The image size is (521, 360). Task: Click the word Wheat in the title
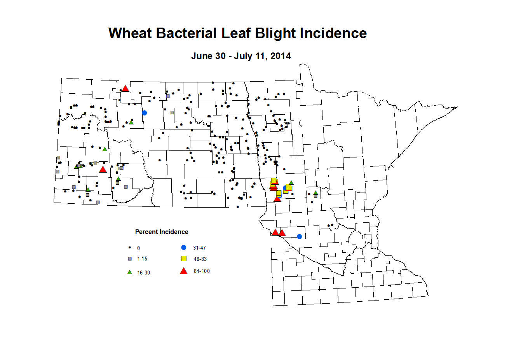(x=130, y=33)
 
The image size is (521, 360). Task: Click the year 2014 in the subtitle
(x=281, y=56)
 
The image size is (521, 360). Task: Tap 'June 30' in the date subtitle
(x=208, y=56)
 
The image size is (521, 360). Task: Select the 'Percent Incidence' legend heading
(x=162, y=232)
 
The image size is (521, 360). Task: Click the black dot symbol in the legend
(x=130, y=248)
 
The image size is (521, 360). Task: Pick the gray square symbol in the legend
(x=130, y=259)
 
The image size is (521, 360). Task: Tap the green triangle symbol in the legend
(x=130, y=272)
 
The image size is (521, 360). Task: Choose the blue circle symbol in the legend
(x=184, y=247)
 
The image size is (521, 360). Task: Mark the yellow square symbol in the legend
(x=184, y=259)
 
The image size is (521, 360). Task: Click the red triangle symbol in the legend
(x=184, y=271)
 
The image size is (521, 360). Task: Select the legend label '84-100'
(x=202, y=271)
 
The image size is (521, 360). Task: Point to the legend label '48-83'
(x=200, y=259)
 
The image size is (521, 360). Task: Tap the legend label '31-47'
(x=199, y=248)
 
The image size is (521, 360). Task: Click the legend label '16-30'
(x=143, y=273)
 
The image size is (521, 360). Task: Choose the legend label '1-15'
(x=142, y=259)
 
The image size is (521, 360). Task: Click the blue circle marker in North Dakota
(x=145, y=113)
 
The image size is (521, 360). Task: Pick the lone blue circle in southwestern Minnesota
(x=299, y=236)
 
